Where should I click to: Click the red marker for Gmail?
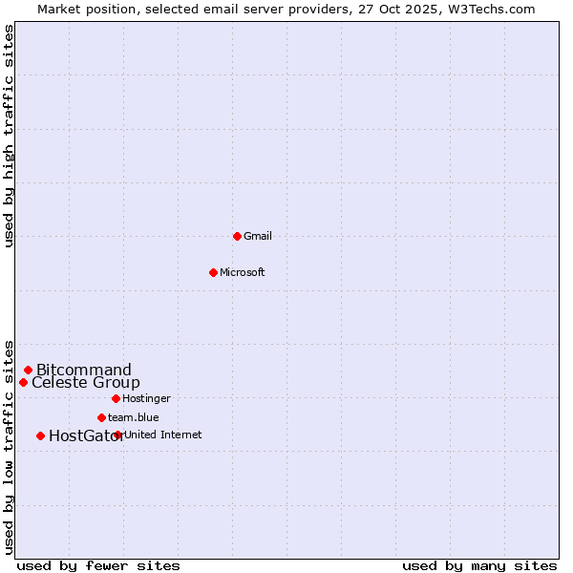[x=237, y=236]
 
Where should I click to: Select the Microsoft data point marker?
[x=213, y=272]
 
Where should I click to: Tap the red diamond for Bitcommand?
[x=28, y=370]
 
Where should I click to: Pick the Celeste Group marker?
[x=23, y=382]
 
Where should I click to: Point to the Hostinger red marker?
[x=116, y=398]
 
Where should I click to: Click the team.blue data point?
[x=101, y=417]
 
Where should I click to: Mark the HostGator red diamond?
[x=40, y=435]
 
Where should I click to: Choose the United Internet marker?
[x=117, y=435]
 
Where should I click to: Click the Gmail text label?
[x=258, y=236]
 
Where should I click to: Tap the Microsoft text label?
[x=243, y=272]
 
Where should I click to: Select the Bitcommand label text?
[x=84, y=370]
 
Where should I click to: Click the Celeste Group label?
[x=86, y=383]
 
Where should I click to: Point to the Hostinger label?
[x=146, y=398]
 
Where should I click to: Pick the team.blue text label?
[x=134, y=417]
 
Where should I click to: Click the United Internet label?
[x=163, y=435]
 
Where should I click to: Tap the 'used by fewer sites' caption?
[x=98, y=565]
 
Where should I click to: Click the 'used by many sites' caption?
[x=479, y=565]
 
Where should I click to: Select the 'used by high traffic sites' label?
[x=10, y=136]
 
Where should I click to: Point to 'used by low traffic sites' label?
[x=10, y=447]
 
